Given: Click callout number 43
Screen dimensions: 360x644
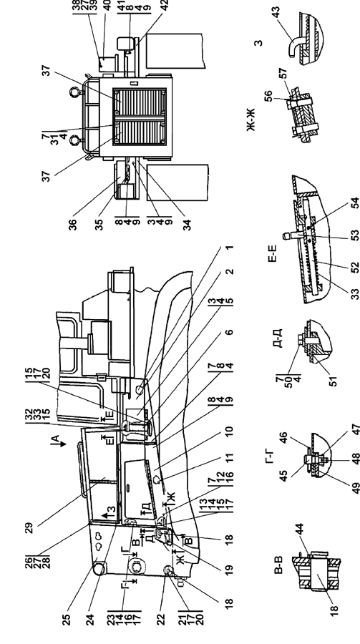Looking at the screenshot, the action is click(x=276, y=11).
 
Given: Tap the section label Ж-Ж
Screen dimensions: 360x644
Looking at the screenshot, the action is click(x=251, y=120).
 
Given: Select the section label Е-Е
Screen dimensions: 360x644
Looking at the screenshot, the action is click(x=273, y=253).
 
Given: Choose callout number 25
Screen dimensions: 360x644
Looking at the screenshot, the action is click(x=67, y=619).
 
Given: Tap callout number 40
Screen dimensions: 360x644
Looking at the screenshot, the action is click(x=107, y=5).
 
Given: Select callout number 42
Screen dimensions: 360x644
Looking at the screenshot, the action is click(x=165, y=6).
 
